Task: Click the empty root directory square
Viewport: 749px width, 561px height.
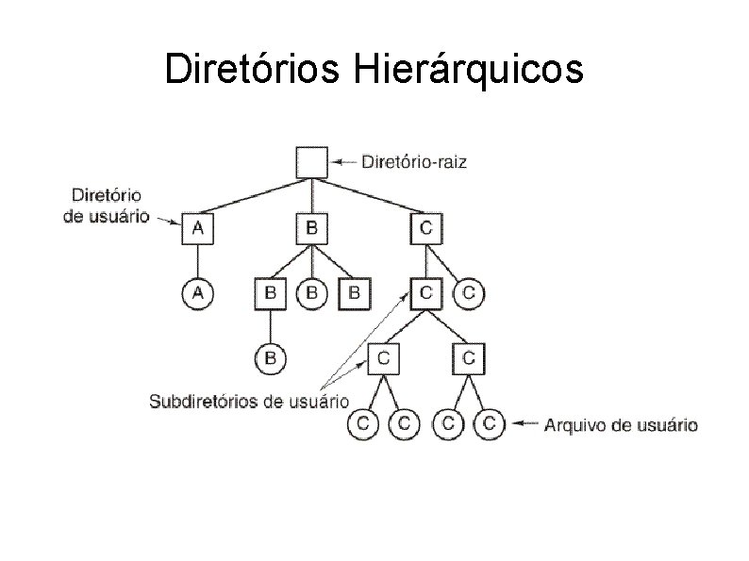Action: pos(311,161)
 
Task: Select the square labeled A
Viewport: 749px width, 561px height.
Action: pos(197,227)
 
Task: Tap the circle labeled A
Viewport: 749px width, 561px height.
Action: pos(197,293)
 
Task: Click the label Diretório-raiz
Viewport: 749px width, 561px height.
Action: pos(414,162)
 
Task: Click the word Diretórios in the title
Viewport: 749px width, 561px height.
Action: pos(255,69)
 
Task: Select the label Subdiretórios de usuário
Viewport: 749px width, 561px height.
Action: pos(249,401)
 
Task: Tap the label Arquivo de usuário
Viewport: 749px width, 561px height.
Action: pos(621,425)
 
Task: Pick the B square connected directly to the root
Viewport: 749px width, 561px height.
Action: pos(311,227)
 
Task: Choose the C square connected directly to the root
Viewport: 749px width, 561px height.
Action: pos(425,227)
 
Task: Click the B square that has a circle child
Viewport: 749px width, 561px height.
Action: pos(270,293)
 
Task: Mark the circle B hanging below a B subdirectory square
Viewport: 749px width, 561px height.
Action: pos(270,358)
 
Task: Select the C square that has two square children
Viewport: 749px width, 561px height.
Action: pos(425,293)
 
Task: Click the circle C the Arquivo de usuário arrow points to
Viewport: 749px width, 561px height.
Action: pos(489,424)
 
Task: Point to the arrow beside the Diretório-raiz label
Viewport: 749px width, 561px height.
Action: pos(345,162)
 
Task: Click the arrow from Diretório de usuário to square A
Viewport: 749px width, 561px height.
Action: pos(167,221)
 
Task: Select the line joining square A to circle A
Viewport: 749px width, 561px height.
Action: pos(197,260)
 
